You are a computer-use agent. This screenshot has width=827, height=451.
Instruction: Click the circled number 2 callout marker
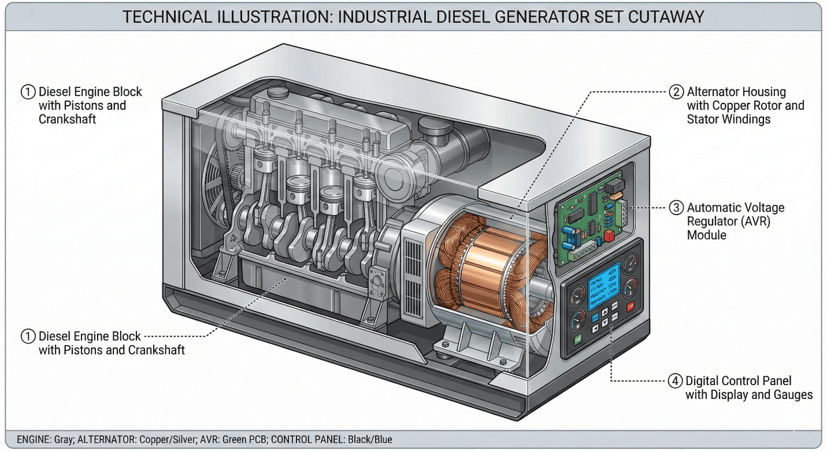point(676,92)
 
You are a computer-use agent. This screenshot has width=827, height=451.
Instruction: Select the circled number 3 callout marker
point(676,208)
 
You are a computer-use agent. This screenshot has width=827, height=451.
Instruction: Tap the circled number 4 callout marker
point(675,381)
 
